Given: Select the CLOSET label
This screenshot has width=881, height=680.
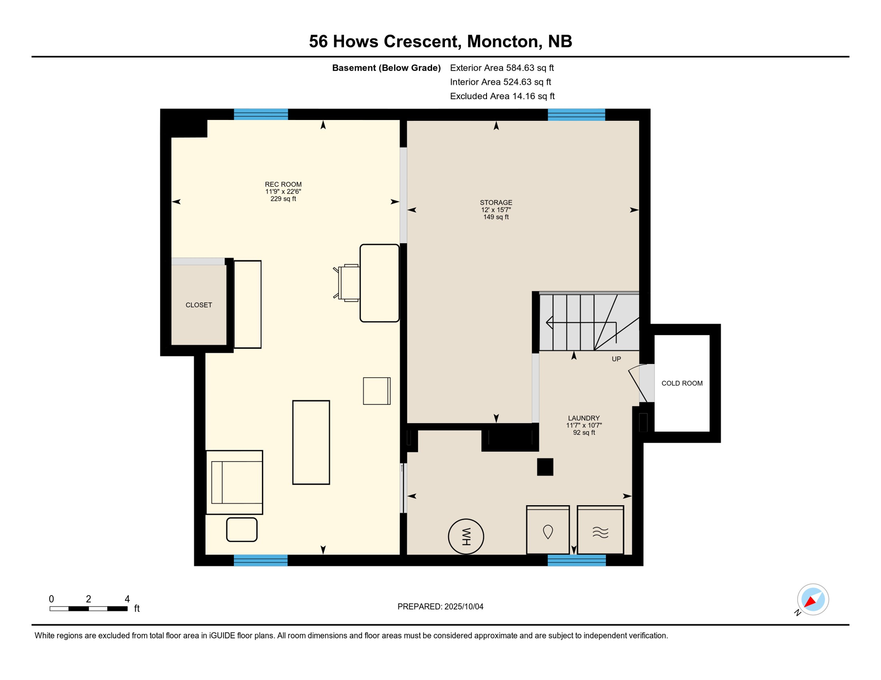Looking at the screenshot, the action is click(199, 305).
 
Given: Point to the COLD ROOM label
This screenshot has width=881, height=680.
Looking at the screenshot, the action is click(682, 383).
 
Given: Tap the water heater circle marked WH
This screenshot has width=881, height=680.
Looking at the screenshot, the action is click(466, 537).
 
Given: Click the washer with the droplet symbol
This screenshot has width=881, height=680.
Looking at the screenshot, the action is click(548, 530).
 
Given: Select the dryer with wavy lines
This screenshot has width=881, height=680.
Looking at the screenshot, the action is click(600, 530).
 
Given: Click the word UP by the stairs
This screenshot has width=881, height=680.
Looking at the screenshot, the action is click(616, 359).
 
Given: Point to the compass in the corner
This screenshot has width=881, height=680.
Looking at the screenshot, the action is click(813, 599).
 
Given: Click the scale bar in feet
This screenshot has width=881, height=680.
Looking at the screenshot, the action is click(89, 609).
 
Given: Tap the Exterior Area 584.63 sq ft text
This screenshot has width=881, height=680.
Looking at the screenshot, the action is click(502, 68).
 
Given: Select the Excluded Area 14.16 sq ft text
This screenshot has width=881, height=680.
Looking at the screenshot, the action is click(502, 96).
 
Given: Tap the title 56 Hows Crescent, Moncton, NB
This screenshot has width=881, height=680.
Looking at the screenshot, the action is click(440, 41).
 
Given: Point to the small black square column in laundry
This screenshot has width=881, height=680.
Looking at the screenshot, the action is click(545, 467).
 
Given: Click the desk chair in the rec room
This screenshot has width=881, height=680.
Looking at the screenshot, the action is click(347, 283).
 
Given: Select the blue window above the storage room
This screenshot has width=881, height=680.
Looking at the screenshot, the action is click(576, 115).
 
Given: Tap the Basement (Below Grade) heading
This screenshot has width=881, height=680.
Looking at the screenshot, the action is click(386, 68).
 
